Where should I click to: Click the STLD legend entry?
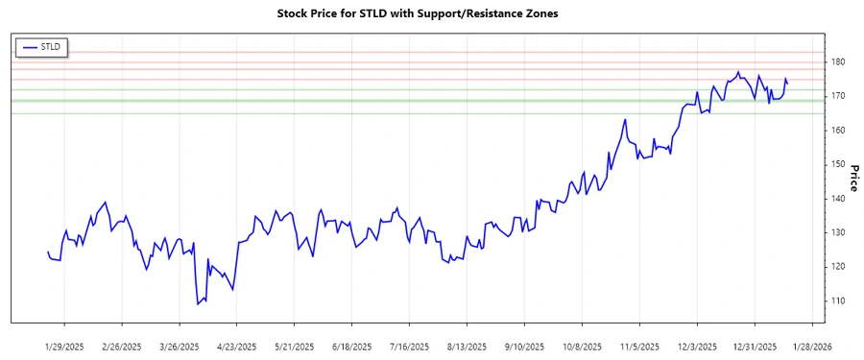(x=41, y=46)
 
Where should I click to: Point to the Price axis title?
(x=852, y=178)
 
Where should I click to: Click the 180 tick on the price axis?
(x=838, y=62)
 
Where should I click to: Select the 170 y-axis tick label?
(x=838, y=96)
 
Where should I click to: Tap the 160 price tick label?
(x=838, y=131)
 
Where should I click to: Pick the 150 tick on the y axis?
(x=838, y=164)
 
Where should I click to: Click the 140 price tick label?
(x=838, y=199)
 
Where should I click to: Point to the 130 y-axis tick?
(x=838, y=233)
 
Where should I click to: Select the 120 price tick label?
(x=838, y=267)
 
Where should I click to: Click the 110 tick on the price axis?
(x=838, y=301)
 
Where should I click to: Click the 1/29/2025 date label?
(x=64, y=346)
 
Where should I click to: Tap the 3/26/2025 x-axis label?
(x=180, y=346)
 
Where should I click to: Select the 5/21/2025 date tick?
(x=295, y=346)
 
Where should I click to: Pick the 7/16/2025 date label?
(x=409, y=346)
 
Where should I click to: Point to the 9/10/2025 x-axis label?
(x=524, y=346)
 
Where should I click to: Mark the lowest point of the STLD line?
(x=198, y=304)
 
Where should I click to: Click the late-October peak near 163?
(x=625, y=120)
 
